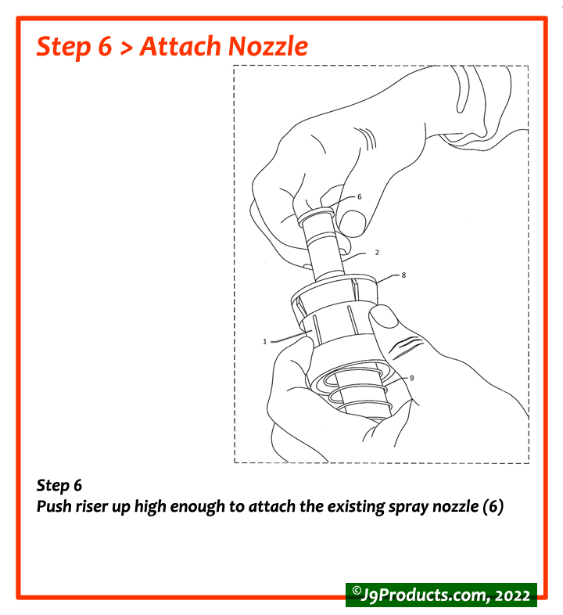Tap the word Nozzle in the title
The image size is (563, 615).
click(267, 46)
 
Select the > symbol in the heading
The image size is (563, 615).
click(126, 47)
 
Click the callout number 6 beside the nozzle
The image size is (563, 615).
click(359, 197)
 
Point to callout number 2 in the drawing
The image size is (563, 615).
click(376, 253)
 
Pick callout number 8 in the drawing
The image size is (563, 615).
click(403, 275)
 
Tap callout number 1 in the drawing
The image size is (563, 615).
click(265, 341)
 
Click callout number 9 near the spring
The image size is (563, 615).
click(411, 378)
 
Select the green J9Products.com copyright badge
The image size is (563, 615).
click(441, 594)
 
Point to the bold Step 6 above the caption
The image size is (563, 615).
click(59, 486)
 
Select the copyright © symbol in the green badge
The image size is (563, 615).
click(356, 592)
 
